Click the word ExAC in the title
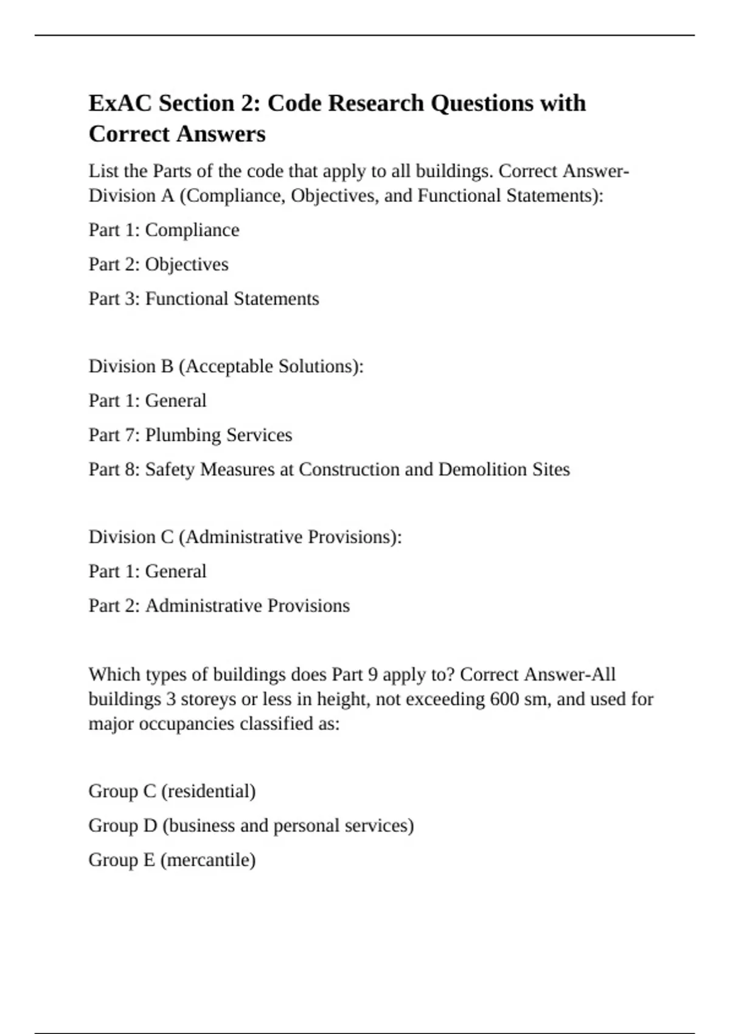[120, 103]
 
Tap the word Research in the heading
[376, 103]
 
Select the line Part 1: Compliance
[164, 230]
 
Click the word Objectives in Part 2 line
[187, 265]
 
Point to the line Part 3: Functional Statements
[203, 299]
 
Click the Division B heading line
[226, 366]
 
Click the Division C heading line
[245, 537]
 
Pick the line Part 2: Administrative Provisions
[219, 606]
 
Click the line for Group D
[251, 825]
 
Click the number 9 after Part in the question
[373, 675]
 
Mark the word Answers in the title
[229, 134]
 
